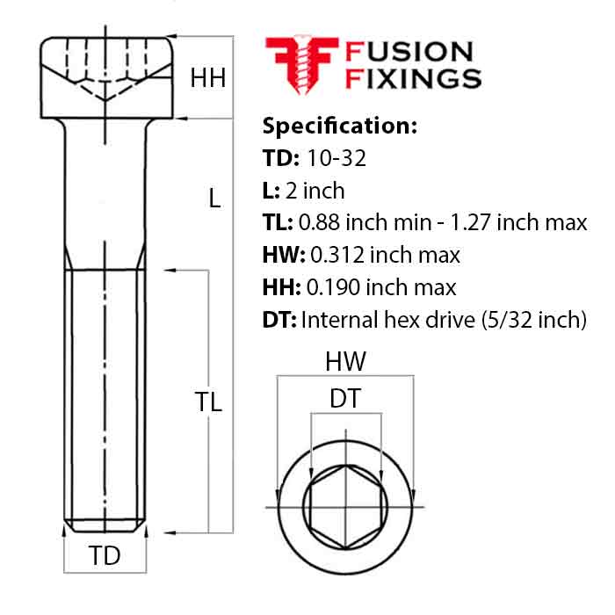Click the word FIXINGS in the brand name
click(414, 79)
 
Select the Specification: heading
click(339, 125)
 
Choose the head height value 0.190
click(335, 287)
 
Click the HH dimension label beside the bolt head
click(208, 78)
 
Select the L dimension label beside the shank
click(214, 199)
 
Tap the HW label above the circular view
click(345, 361)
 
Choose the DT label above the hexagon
click(345, 400)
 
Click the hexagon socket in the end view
click(345, 508)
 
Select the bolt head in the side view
click(105, 76)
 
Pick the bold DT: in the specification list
click(279, 320)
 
